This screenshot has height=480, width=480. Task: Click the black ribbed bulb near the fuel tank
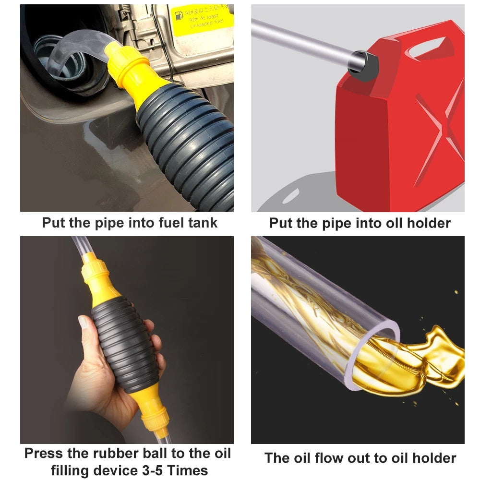click(187, 144)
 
